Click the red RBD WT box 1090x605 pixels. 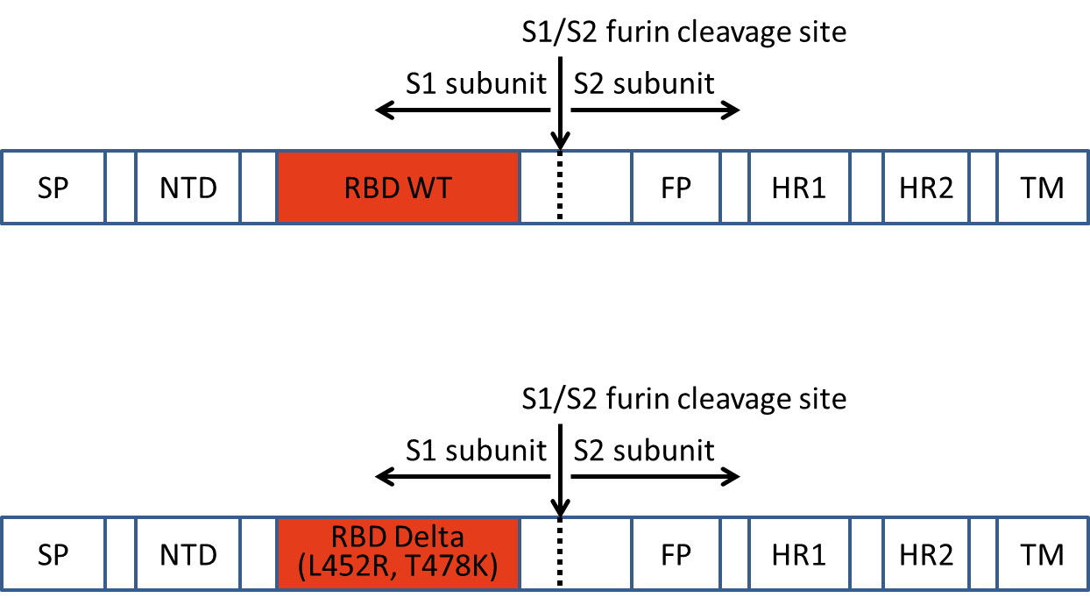[398, 188]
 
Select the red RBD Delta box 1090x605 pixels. [398, 554]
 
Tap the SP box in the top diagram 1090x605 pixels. [53, 188]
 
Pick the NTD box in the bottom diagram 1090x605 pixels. [188, 554]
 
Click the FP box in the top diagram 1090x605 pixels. [676, 188]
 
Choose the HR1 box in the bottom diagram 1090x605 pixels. [799, 554]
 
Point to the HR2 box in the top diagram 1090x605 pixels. [926, 188]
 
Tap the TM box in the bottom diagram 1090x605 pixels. [1043, 554]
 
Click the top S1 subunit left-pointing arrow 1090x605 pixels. [463, 110]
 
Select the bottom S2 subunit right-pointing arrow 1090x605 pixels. [655, 477]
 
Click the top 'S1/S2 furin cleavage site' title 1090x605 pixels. [684, 32]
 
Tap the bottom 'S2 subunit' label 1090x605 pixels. [644, 451]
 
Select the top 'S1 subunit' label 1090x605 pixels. [476, 84]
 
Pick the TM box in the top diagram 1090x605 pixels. [1043, 188]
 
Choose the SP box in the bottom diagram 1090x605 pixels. [53, 554]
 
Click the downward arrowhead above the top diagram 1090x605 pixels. [560, 141]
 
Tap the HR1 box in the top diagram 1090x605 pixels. [799, 188]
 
